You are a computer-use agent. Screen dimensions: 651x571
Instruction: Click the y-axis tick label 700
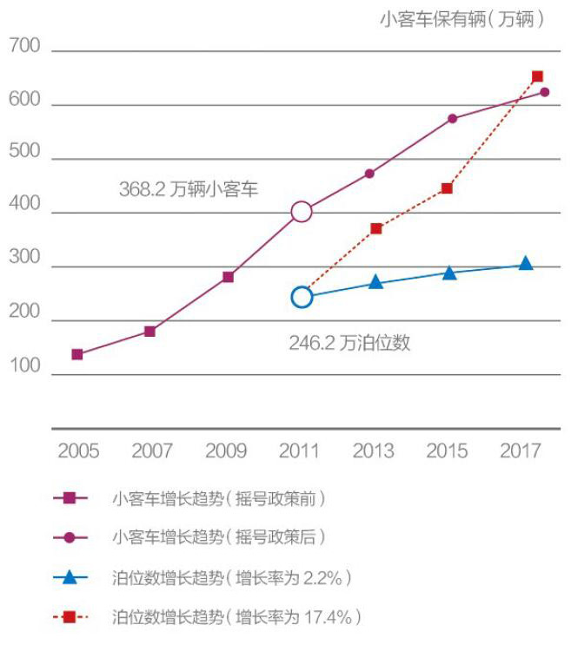(24, 46)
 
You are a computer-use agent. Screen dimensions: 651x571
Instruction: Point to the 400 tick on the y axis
(24, 205)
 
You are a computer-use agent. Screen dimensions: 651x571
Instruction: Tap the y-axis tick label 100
(24, 365)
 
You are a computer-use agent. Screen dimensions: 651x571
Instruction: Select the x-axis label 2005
(78, 451)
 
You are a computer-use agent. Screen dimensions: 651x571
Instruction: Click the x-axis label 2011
(300, 451)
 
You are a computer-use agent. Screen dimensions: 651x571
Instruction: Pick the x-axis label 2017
(521, 451)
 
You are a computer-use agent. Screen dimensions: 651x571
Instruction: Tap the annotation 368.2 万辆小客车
(189, 188)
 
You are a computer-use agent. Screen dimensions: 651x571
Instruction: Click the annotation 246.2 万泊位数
(349, 343)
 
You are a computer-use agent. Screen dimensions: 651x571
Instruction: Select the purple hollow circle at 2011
(301, 212)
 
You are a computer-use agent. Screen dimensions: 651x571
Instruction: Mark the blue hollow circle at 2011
(301, 297)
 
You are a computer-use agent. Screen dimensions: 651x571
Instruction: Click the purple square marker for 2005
(77, 354)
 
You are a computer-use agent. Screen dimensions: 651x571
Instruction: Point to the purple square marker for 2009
(228, 277)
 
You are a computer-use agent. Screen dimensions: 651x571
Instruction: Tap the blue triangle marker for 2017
(525, 264)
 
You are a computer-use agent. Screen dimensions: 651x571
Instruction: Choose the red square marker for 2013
(376, 228)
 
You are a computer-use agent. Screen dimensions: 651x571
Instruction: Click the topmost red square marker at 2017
(537, 76)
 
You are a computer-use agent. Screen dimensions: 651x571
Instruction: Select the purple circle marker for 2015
(453, 118)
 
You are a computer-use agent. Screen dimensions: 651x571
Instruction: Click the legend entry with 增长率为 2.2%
(230, 577)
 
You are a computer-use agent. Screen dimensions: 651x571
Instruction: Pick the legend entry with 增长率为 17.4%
(236, 618)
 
